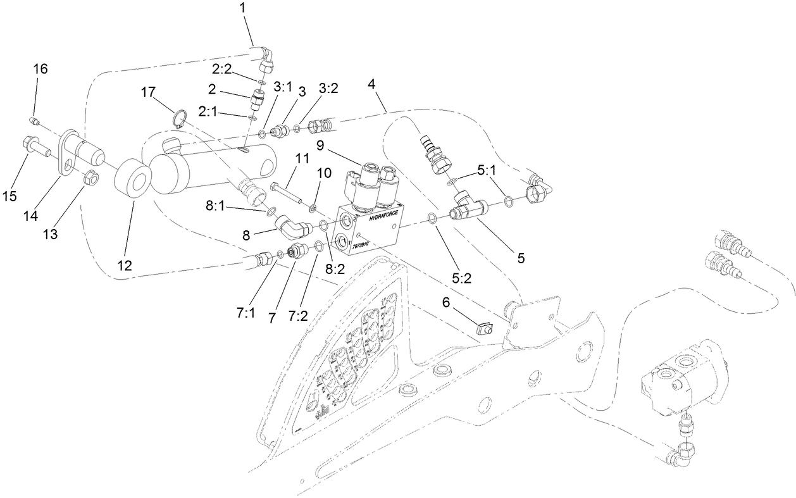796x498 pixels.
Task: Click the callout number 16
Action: coord(40,69)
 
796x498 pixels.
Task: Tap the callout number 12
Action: coord(125,266)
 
